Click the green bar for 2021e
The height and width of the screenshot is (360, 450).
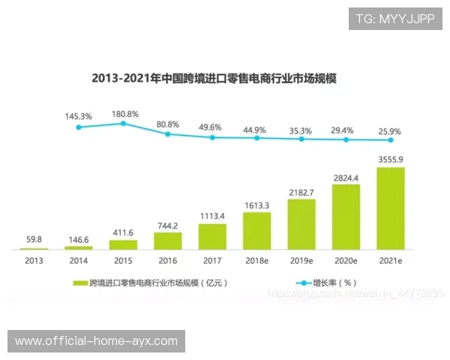click(x=390, y=208)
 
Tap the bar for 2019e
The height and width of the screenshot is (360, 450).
click(x=301, y=223)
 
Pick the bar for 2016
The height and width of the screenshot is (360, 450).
click(x=167, y=240)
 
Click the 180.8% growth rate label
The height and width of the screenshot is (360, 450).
click(x=125, y=115)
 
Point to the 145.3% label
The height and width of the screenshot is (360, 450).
click(x=79, y=117)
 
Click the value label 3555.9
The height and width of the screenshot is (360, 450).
click(x=390, y=160)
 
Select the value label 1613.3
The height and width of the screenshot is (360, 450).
click(x=256, y=205)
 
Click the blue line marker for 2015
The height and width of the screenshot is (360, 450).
click(x=123, y=124)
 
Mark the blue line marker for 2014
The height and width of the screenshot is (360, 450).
click(x=79, y=127)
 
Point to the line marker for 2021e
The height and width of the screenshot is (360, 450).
click(x=390, y=140)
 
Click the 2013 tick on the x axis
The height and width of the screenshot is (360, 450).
click(x=34, y=261)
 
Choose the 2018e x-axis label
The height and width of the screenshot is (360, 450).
click(x=256, y=261)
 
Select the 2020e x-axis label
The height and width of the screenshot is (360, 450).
click(x=346, y=261)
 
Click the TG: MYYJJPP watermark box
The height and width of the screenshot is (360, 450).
click(x=395, y=19)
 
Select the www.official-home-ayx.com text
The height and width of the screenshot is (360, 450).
click(x=96, y=341)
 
